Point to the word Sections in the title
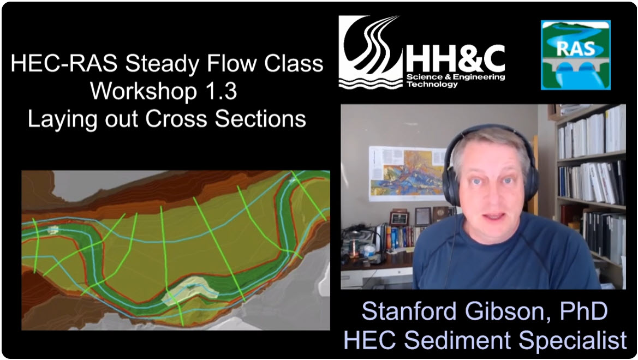click(x=260, y=119)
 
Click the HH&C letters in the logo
click(x=455, y=58)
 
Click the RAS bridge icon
click(x=575, y=55)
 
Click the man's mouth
click(x=494, y=216)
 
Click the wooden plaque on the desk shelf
click(x=398, y=218)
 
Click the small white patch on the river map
click(x=53, y=230)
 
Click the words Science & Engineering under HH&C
click(x=456, y=77)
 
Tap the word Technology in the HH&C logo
click(x=432, y=85)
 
